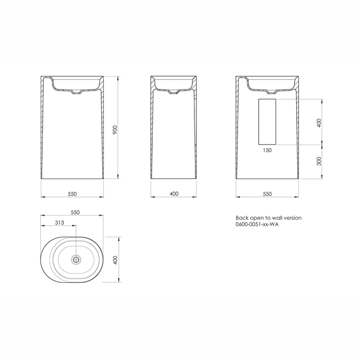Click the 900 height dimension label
click(x=116, y=131)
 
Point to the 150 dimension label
click(x=267, y=150)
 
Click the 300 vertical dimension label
click(x=319, y=161)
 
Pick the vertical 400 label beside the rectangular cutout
click(x=319, y=123)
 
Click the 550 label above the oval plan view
click(x=75, y=212)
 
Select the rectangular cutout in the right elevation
click(x=267, y=121)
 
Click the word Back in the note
click(x=241, y=218)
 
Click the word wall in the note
click(x=275, y=218)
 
